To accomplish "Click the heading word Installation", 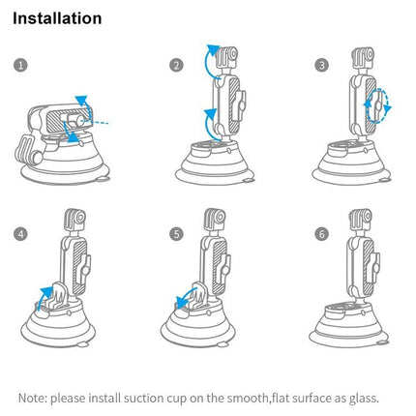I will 57,18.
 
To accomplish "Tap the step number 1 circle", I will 21,65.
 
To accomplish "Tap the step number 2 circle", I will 176,65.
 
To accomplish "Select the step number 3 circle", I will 322,65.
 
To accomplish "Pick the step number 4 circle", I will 21,234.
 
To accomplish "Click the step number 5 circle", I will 176,234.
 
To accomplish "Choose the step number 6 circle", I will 322,234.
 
